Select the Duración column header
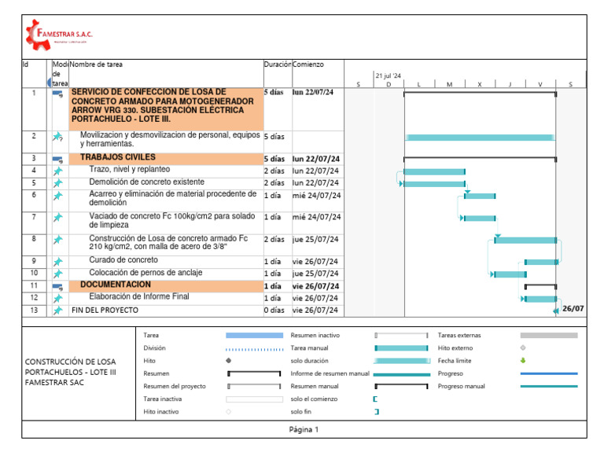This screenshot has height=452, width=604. (278, 64)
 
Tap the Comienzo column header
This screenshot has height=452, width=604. (308, 64)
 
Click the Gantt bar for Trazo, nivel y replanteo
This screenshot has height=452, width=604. (434, 171)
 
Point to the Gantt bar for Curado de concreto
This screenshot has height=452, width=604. (541, 262)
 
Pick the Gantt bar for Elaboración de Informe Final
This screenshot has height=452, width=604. (540, 299)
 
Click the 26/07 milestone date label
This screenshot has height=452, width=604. (573, 309)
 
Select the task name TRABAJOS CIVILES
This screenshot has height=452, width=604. (118, 157)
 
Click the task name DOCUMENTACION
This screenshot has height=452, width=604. (116, 285)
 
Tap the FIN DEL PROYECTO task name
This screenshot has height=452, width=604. (105, 311)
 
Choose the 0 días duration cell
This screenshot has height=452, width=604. (274, 311)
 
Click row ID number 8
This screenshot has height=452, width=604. (34, 239)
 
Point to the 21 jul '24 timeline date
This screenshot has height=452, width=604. (388, 75)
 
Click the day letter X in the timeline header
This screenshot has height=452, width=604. (480, 84)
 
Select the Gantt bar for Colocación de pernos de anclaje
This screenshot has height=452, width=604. (510, 274)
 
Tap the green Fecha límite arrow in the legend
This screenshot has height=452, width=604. (523, 361)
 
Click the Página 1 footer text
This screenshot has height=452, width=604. (304, 430)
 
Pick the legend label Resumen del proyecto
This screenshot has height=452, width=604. (175, 386)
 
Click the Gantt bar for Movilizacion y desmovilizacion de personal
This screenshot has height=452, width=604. (480, 138)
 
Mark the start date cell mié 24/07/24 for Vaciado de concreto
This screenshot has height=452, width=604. (316, 217)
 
